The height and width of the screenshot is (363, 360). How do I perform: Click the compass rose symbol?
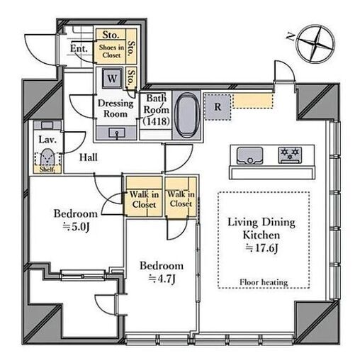click(316, 44)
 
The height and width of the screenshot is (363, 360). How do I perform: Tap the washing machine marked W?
click(112, 78)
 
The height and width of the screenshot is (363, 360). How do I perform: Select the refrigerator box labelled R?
click(218, 107)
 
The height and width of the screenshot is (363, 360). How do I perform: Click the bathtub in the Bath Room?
click(188, 116)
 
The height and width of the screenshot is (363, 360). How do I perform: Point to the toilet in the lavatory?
click(47, 157)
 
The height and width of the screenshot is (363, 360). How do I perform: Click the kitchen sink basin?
click(249, 155)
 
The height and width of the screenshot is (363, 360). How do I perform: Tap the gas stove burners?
click(290, 155)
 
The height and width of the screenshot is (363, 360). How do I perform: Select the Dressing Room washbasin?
click(117, 133)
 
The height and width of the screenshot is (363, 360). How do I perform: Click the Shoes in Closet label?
click(111, 51)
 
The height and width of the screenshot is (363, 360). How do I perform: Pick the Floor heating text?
click(264, 282)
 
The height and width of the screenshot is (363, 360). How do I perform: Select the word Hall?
click(89, 157)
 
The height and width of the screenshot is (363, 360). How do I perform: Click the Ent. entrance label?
click(79, 48)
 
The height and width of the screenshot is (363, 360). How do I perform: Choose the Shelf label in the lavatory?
click(47, 169)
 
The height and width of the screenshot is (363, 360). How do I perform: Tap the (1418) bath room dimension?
click(157, 121)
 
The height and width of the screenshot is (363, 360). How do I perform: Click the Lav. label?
click(47, 140)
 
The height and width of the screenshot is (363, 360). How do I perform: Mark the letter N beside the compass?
click(291, 37)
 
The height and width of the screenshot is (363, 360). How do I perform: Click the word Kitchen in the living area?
click(261, 235)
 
